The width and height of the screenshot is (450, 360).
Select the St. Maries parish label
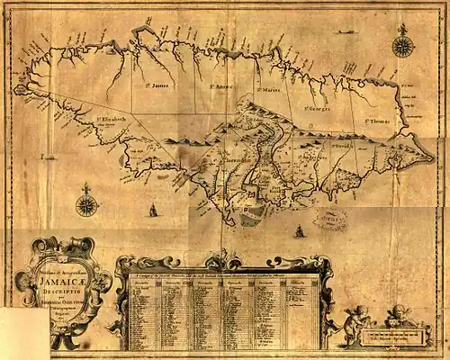pos(269,90)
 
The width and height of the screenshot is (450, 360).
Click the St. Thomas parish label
pos(378,120)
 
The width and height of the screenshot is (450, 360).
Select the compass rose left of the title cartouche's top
pos(86,204)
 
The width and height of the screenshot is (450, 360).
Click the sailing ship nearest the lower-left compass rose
pos(153,209)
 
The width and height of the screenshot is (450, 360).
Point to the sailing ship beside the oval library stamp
pos(298,230)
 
